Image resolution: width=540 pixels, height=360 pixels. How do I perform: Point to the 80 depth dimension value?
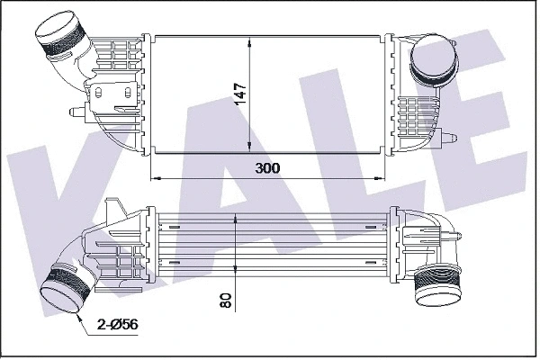(226, 300)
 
